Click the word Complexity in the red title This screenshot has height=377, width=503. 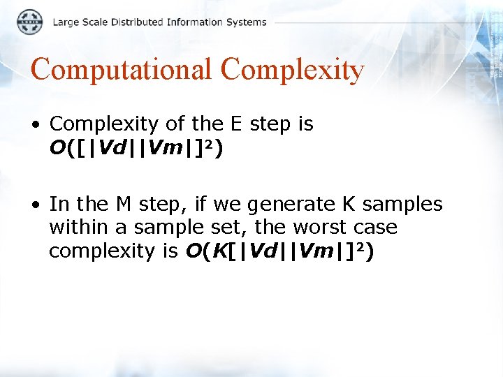pos(292,70)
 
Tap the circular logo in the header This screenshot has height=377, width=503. pos(29,22)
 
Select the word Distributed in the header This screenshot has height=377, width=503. pos(136,22)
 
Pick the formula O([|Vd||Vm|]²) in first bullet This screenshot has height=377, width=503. pos(136,148)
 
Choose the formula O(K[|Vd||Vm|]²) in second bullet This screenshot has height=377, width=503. pos(279,251)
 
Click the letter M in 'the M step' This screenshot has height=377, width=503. pos(123,204)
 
